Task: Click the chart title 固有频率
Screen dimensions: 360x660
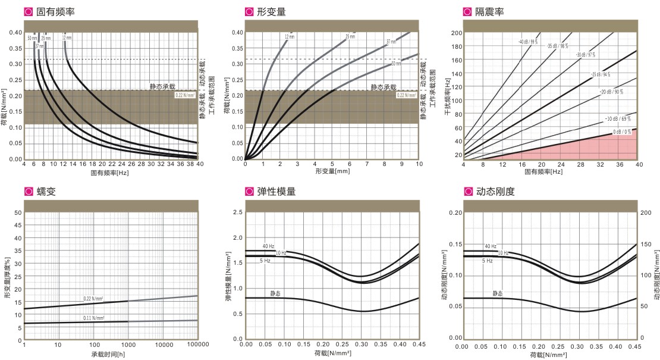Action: pos(55,11)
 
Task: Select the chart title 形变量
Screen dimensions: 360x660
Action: pos(271,11)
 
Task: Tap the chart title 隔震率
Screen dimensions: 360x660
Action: pos(489,11)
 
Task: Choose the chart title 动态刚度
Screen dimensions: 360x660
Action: pos(495,192)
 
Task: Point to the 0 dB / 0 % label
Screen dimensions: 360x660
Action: pos(622,133)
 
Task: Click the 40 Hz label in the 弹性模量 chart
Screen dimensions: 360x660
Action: pos(269,246)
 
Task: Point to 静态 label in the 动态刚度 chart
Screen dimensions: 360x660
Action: pos(497,293)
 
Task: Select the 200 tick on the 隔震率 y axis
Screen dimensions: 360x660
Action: pos(457,32)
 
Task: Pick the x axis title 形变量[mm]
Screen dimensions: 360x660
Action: pos(332,171)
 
